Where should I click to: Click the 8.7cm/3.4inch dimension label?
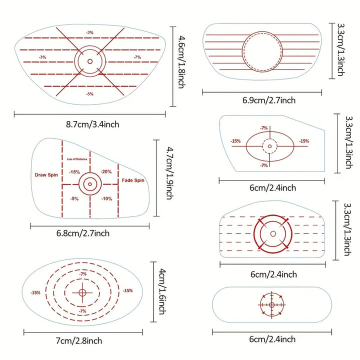[x=92, y=124]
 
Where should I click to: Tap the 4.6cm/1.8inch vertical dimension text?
[x=181, y=62]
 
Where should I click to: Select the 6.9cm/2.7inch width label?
[x=269, y=100]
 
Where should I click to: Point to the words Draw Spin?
[x=46, y=175]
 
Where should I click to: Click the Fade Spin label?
[x=133, y=180]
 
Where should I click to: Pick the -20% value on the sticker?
[x=106, y=171]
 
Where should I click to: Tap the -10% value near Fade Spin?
[x=107, y=199]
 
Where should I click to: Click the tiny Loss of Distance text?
[x=77, y=159]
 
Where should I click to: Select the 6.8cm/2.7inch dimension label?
[x=83, y=233]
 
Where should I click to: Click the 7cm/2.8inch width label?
[x=79, y=340]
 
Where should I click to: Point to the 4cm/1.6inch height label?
[x=162, y=291]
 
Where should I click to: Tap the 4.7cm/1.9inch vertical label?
[x=170, y=173]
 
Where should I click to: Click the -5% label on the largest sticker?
[x=90, y=94]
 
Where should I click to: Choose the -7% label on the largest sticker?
[x=137, y=57]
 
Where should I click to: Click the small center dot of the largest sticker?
[x=90, y=61]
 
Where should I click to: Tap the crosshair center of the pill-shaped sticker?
[x=272, y=305]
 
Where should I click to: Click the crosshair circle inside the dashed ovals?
[x=82, y=292]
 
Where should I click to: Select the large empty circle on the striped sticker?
[x=262, y=32]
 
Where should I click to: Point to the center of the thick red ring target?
[x=273, y=233]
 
